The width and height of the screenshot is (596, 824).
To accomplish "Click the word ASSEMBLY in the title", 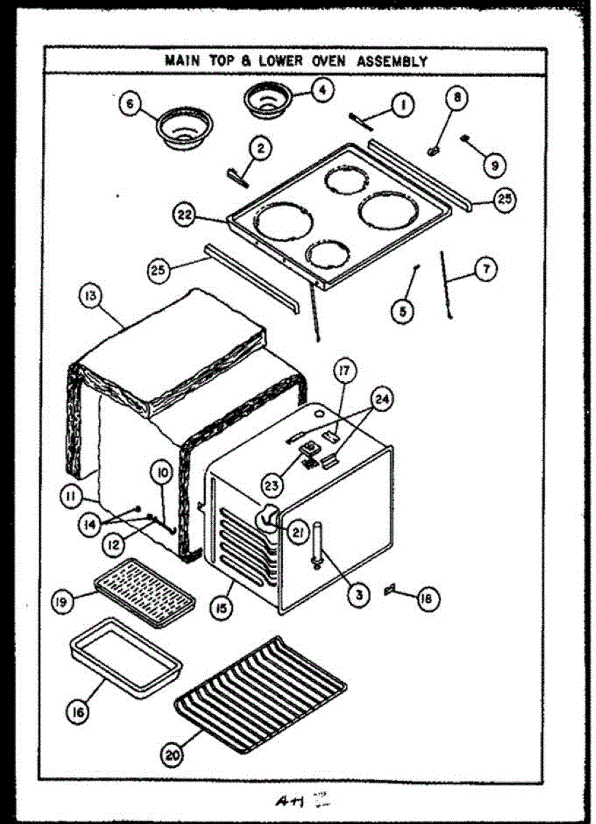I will tap(392, 61).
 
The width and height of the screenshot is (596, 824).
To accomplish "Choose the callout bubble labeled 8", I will tap(455, 97).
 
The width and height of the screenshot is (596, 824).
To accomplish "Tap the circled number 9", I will tap(494, 165).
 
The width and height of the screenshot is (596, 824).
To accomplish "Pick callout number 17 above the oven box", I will tap(343, 371).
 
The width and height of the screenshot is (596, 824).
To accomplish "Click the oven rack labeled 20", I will tap(261, 694).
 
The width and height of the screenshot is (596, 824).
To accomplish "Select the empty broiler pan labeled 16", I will tap(126, 657).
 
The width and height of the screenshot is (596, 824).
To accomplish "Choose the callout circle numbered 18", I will tap(426, 599).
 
